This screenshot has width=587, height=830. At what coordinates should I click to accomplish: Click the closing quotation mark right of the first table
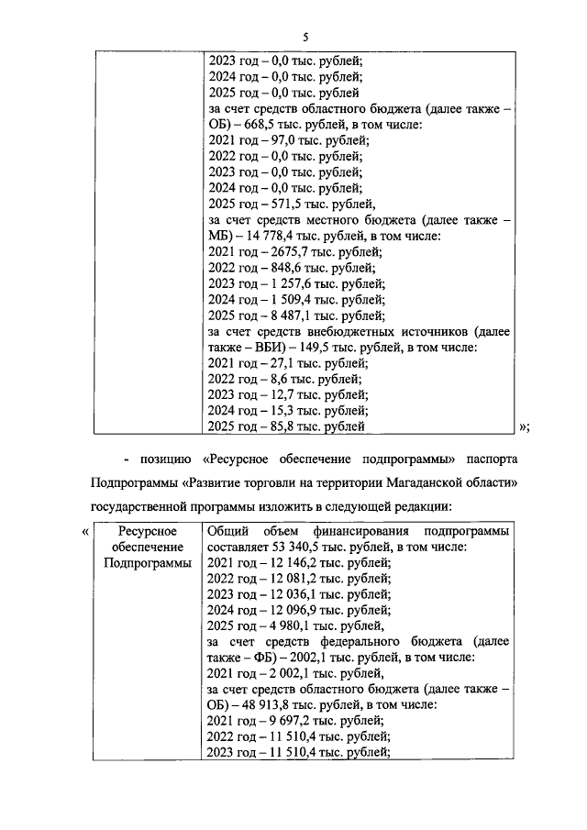pos(524,426)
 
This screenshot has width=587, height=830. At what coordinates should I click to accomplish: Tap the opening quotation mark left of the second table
pos(85,531)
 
